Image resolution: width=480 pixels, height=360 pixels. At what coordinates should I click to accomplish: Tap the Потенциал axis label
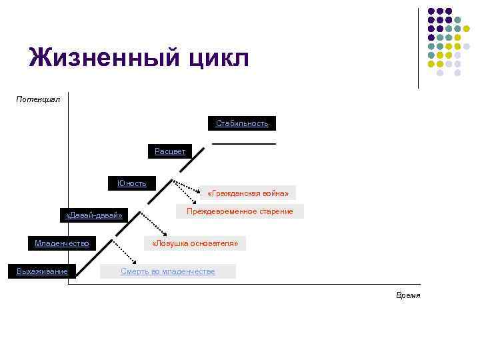(38, 99)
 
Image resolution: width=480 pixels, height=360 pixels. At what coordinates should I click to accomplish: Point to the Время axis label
(408, 295)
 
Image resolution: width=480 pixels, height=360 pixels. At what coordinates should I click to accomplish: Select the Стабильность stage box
(242, 123)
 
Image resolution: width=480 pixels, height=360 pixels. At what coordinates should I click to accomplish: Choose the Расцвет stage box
(170, 151)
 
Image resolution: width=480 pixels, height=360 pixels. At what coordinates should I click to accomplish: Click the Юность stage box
(132, 183)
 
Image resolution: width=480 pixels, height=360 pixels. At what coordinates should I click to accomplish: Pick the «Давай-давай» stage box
(94, 215)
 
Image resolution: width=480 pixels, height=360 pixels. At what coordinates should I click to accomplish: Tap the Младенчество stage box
(62, 243)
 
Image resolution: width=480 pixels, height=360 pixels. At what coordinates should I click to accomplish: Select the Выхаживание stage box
(42, 271)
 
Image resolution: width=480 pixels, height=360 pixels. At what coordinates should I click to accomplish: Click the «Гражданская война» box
(248, 193)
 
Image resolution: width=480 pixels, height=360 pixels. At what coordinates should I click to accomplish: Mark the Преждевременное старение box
(240, 211)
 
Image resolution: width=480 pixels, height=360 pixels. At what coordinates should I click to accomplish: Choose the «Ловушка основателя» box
(195, 243)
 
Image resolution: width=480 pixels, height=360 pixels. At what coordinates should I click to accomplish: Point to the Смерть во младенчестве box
(168, 271)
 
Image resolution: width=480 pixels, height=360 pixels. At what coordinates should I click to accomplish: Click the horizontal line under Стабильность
(244, 144)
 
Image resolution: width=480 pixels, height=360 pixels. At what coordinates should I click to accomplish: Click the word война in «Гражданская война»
(275, 193)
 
